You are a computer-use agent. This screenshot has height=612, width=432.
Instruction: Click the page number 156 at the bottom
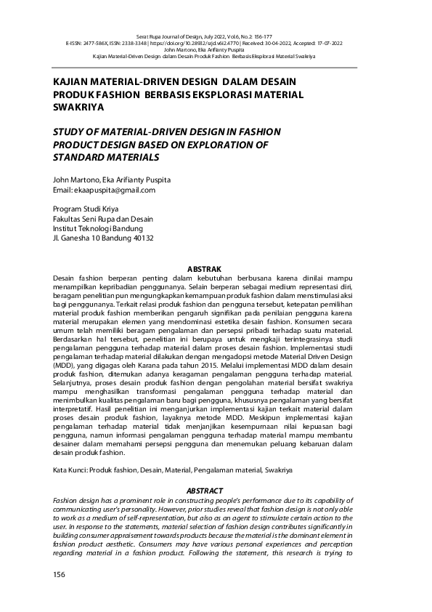point(59,575)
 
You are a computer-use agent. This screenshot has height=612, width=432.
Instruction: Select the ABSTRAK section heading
point(204,269)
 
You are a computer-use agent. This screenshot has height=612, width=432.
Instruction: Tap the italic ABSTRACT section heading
point(205,491)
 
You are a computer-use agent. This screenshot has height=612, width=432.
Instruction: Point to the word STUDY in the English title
point(70,132)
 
